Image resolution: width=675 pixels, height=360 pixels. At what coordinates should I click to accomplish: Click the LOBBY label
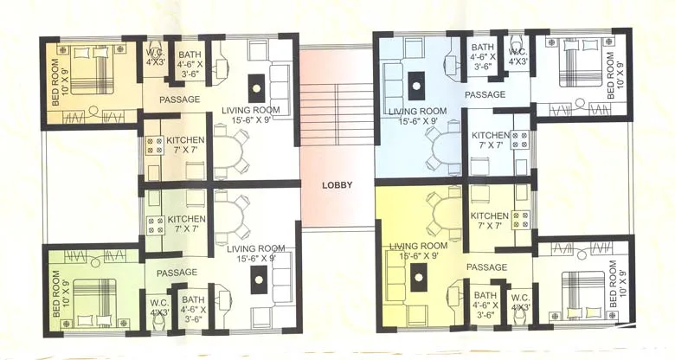click(336, 185)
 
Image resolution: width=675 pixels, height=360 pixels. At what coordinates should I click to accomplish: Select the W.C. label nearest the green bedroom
click(159, 307)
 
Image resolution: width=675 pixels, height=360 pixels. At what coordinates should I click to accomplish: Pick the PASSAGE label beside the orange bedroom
click(180, 100)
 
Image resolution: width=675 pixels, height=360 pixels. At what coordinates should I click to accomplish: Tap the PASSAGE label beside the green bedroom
click(177, 272)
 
